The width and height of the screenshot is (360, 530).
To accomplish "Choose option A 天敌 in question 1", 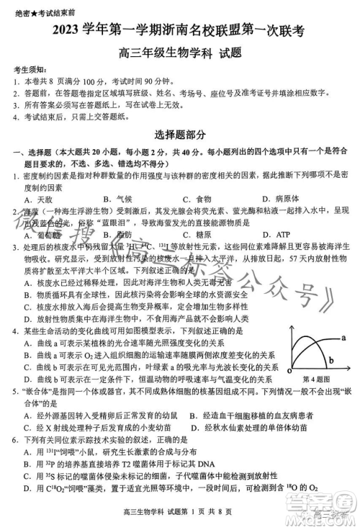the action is tap(38, 198).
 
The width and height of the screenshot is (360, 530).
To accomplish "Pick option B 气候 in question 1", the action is tap(117, 198).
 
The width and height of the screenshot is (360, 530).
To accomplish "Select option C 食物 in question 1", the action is tap(194, 198).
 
